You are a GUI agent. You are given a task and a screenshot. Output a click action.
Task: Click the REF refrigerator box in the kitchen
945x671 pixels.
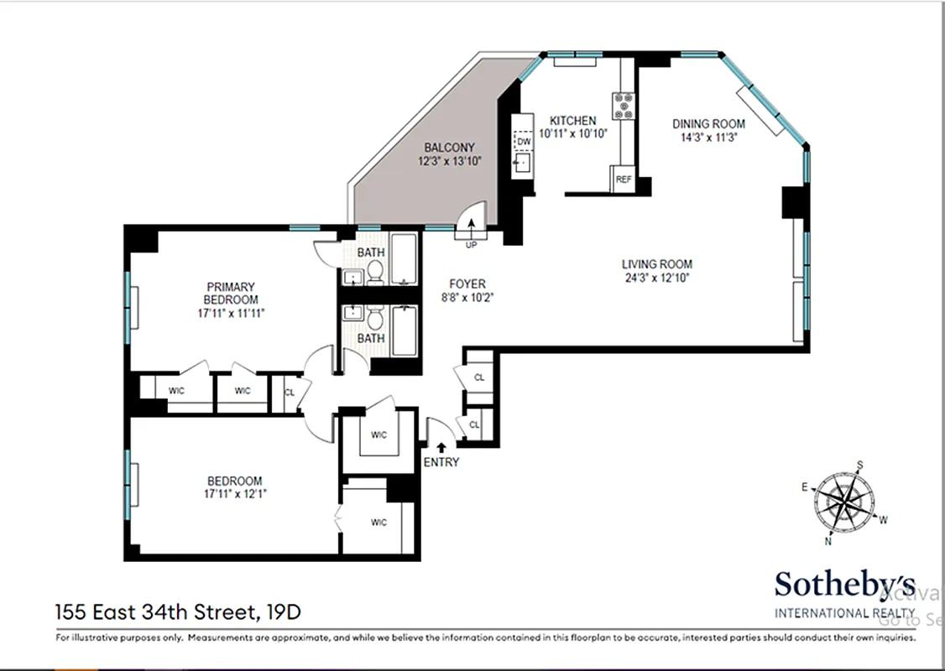pos(623,179)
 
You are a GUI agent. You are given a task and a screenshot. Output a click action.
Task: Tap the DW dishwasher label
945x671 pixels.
pos(524,142)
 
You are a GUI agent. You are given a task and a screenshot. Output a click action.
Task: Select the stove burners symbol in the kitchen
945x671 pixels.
pos(624,104)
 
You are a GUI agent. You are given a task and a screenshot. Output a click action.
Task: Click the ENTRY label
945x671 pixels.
pos(441,462)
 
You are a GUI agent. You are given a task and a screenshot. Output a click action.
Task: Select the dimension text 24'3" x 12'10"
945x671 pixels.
pos(656,278)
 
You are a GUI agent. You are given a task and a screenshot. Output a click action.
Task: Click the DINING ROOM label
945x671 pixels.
pos(708,124)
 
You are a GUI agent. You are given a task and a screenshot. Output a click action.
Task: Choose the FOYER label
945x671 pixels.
pos(467,284)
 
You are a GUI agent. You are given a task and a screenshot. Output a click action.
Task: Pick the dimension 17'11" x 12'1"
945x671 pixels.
pos(234,494)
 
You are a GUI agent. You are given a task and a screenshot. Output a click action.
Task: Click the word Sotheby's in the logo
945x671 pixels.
pos(844,585)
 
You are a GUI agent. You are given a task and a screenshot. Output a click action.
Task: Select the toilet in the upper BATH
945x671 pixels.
pos(376,272)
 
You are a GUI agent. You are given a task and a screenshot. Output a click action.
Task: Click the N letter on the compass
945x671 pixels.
pos(829,541)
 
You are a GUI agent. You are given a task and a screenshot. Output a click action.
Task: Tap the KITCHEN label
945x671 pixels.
pos(572,121)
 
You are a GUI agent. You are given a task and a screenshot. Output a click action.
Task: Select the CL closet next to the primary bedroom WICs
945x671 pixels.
pos(290,392)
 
